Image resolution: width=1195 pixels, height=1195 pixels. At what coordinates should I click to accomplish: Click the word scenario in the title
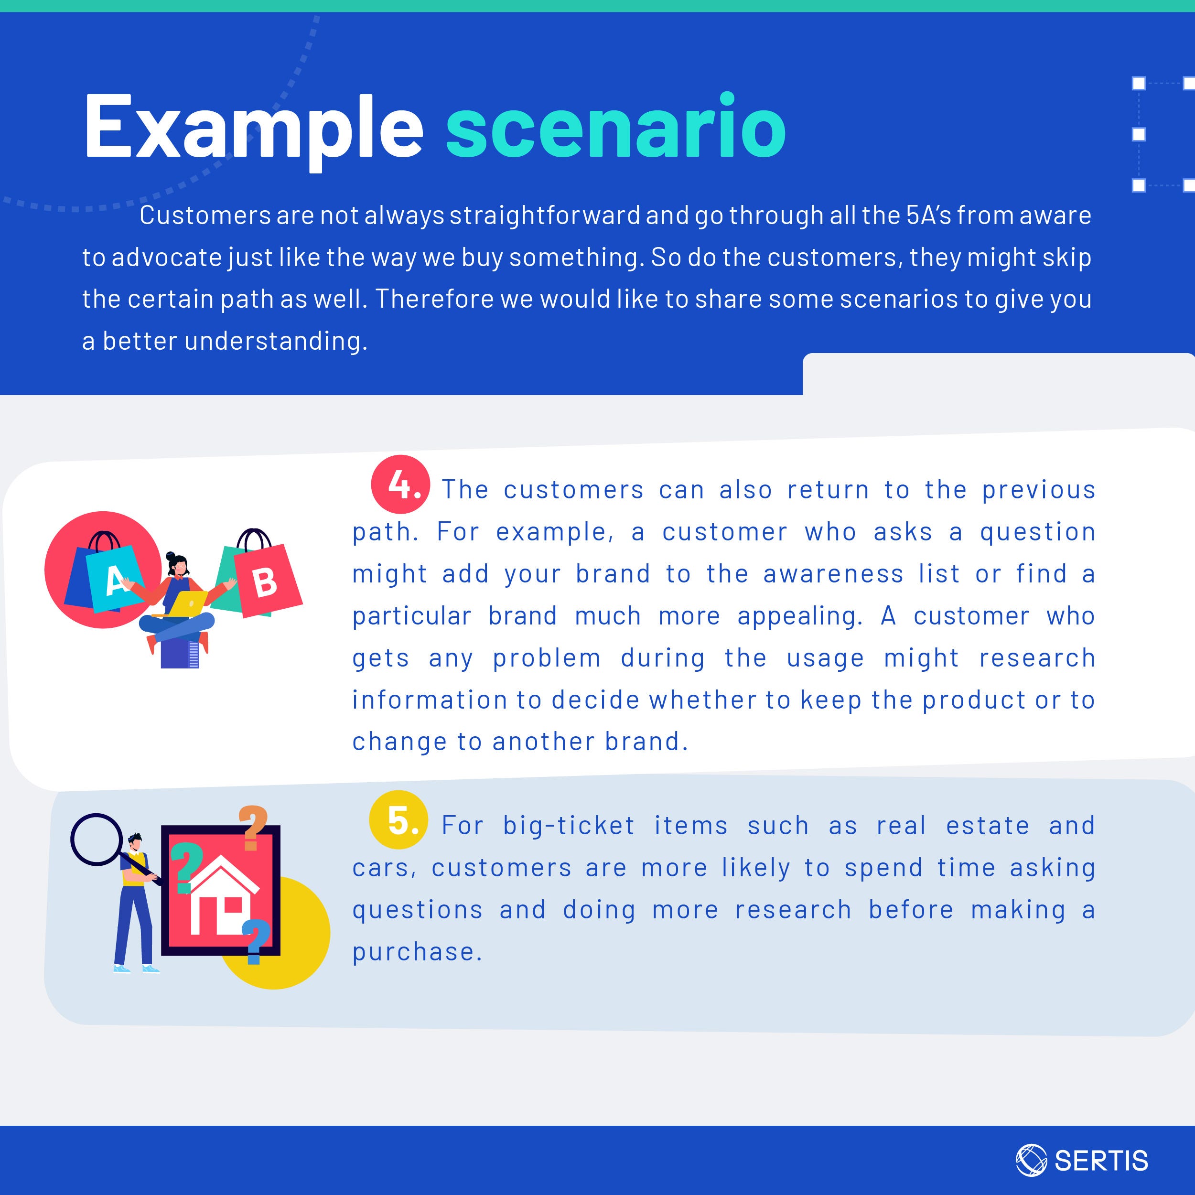[x=616, y=126]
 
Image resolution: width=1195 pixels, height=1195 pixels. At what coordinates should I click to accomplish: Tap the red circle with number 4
[x=400, y=485]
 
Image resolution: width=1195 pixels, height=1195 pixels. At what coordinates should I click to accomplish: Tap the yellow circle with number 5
[x=398, y=820]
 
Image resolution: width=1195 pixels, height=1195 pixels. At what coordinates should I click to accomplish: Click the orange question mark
[x=253, y=828]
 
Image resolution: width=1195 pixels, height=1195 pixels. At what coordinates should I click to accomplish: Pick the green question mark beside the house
[x=183, y=870]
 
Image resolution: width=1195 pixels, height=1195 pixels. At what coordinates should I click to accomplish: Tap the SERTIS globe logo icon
[x=1032, y=1159]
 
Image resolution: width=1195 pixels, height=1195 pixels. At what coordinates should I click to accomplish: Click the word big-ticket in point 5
[x=569, y=826]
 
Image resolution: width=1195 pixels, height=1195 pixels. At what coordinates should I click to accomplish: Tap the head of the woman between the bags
[x=178, y=563]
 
